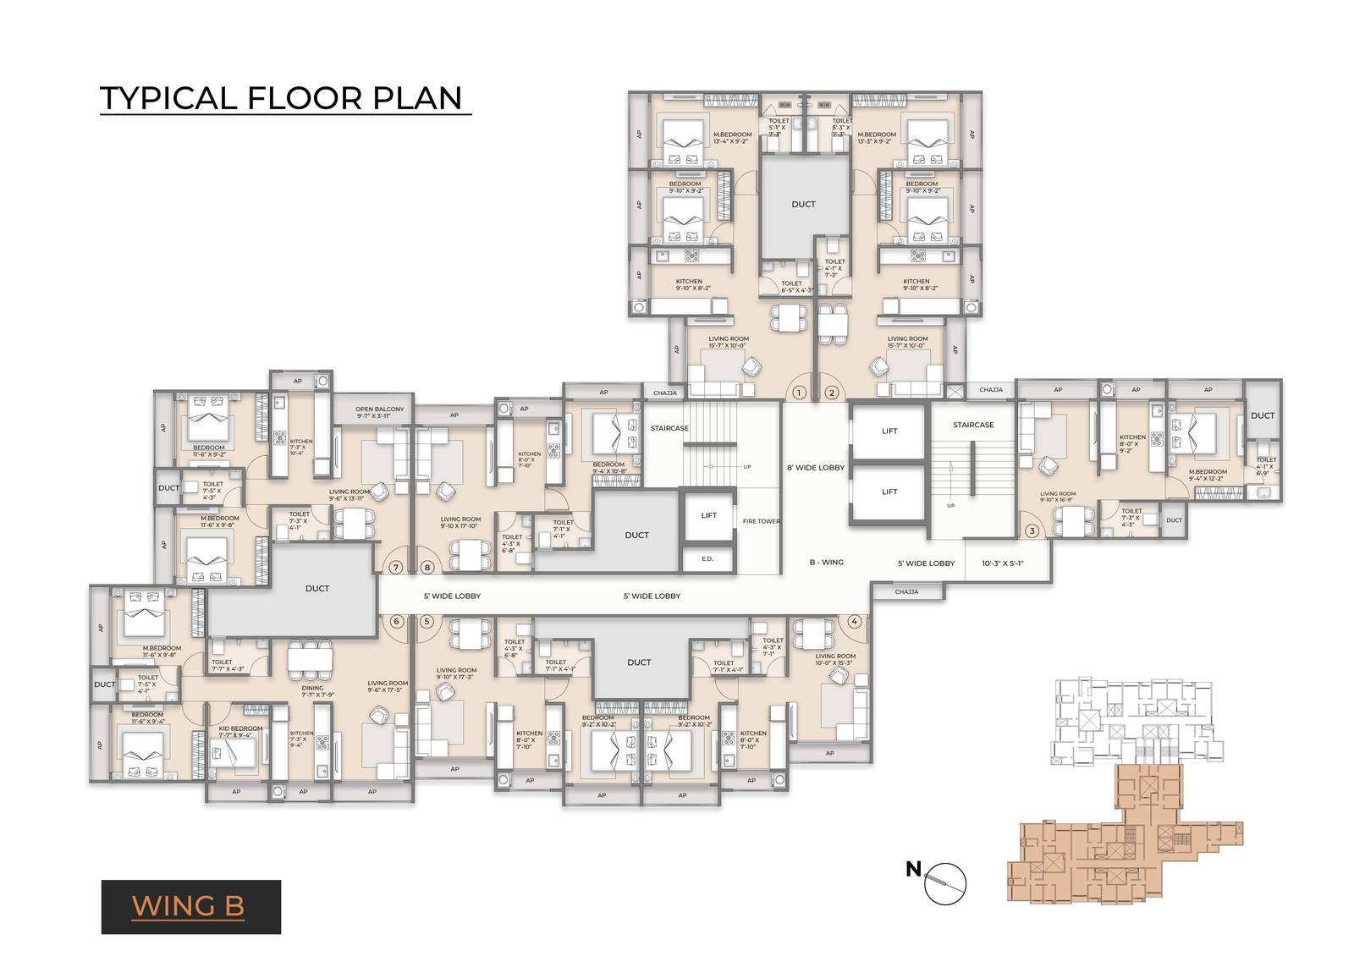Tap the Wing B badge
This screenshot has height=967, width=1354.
[x=190, y=906]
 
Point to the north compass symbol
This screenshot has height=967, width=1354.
[x=944, y=882]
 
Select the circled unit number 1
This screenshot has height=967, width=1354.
[x=800, y=392]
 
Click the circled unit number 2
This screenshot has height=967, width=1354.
[x=831, y=392]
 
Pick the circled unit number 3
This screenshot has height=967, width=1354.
[x=1031, y=531]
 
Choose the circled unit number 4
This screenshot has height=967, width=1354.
[x=855, y=621]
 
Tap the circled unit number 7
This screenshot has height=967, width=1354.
[x=396, y=567]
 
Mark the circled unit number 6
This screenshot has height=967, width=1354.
[x=396, y=621]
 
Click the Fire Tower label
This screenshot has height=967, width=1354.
[x=761, y=521]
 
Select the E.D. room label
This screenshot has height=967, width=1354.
[x=708, y=559]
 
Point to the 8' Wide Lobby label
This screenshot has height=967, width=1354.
[x=816, y=467]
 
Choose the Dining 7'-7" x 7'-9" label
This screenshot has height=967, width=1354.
[x=312, y=692]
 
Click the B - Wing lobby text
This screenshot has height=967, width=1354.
[x=828, y=562]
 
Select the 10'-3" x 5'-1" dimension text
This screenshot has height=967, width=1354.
[x=1003, y=563]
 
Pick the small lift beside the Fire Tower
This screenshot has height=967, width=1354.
[x=708, y=516]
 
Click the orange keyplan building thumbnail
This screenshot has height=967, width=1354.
[x=1126, y=838]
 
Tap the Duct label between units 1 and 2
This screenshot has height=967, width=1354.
[x=803, y=204]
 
